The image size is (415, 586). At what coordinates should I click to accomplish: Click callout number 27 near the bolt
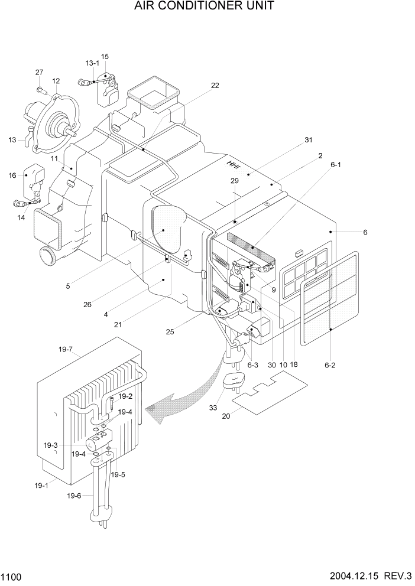point(39,72)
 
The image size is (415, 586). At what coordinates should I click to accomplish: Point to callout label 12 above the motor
point(56,81)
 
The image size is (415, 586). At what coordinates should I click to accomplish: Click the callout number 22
point(215,85)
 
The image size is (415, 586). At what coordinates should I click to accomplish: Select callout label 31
point(308,140)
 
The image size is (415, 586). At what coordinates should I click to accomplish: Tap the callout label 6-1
point(336,165)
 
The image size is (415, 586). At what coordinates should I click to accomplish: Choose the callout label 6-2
point(330,365)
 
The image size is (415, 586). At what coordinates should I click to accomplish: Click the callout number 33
point(213,407)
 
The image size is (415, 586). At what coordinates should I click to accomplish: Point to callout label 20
point(226,416)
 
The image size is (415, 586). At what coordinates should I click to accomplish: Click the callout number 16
point(12,175)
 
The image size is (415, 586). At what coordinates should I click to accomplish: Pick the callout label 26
point(87,305)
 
